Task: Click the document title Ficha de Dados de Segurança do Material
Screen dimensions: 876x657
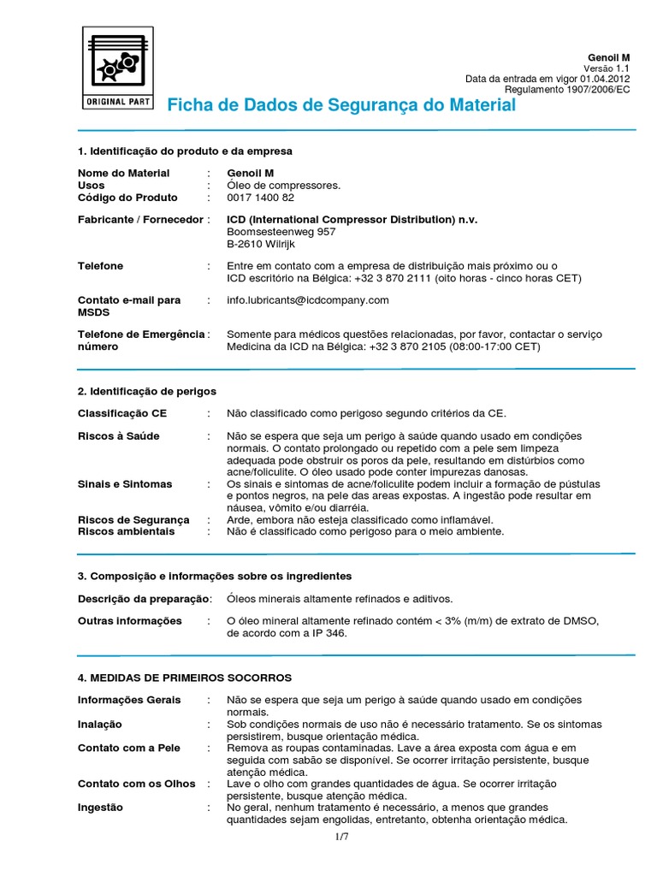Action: click(x=341, y=105)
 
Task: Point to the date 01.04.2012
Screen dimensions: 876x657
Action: click(x=604, y=79)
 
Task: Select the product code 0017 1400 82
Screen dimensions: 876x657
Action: click(x=260, y=198)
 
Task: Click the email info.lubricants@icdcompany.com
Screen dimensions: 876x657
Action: click(x=308, y=300)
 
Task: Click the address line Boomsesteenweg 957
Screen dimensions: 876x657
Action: click(x=281, y=232)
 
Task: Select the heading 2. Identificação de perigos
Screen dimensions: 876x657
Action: click(x=147, y=391)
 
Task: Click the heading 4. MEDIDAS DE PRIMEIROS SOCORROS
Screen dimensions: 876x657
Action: click(x=185, y=678)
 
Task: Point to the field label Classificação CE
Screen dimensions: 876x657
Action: click(x=122, y=413)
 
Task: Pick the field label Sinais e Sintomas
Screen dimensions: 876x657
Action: click(x=125, y=484)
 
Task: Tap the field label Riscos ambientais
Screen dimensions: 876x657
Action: click(x=126, y=531)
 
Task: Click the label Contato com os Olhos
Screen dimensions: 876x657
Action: click(x=137, y=784)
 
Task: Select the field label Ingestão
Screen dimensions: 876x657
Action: click(x=100, y=808)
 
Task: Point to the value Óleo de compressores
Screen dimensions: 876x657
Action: click(x=283, y=186)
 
